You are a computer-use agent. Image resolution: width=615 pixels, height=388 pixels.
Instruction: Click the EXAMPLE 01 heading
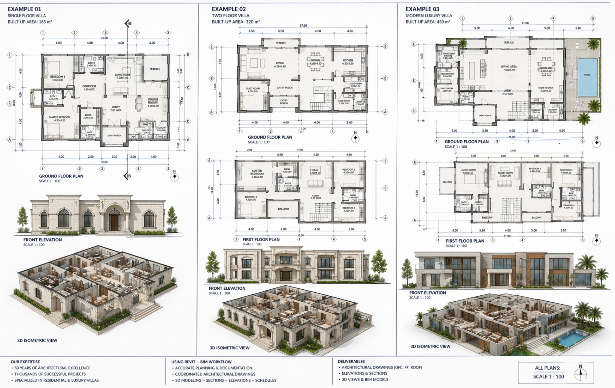24,9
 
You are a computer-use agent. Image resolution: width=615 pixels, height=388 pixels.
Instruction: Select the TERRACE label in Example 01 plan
155,69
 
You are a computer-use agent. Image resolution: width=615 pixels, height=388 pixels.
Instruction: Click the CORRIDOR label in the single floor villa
89,86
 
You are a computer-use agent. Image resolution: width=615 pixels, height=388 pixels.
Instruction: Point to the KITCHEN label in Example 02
348,60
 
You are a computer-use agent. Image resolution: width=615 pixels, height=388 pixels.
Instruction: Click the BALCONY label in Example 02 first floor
283,209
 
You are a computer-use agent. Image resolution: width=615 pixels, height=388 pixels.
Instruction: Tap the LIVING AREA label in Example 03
508,67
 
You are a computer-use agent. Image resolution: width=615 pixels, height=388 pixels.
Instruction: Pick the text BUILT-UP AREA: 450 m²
428,22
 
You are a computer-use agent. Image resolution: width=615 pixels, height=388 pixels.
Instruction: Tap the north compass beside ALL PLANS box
580,374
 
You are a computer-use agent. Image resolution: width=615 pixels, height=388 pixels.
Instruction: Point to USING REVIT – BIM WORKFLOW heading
201,362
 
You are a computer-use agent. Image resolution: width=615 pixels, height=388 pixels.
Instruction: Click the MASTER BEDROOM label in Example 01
60,117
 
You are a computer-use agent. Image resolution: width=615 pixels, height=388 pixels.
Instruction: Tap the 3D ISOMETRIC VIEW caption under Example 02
229,348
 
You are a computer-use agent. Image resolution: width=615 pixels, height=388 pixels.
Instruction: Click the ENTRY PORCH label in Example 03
484,115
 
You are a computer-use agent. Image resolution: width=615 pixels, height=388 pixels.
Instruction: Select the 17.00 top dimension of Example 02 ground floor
303,25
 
